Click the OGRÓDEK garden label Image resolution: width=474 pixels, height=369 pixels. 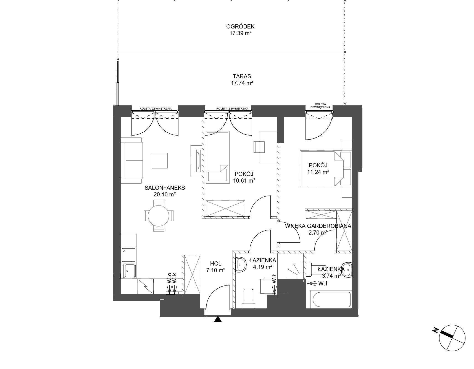coord(240,27)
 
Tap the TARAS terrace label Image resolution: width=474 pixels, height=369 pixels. coord(242,76)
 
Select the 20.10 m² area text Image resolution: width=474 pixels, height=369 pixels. coord(165,194)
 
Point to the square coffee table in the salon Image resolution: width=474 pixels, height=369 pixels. coord(160,160)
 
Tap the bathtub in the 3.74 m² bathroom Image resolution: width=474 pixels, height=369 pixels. coord(331,299)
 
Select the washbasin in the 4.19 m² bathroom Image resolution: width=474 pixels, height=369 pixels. coord(241,265)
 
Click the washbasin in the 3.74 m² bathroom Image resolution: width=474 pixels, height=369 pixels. coord(347,269)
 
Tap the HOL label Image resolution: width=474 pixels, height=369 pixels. coord(216,264)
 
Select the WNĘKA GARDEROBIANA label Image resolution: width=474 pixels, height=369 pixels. coord(318,226)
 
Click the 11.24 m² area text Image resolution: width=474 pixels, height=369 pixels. coord(318,172)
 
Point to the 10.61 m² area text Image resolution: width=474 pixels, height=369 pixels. coord(244,181)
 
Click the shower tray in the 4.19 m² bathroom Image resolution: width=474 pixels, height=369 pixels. coord(291,266)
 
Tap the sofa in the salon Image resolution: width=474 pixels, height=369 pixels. coord(132,161)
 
